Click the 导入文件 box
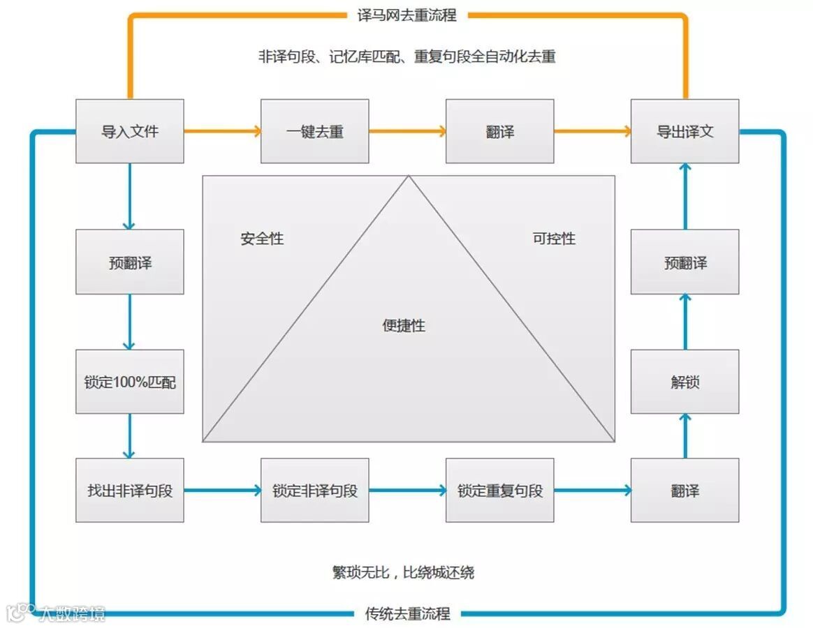pyautogui.click(x=130, y=131)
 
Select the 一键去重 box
pyautogui.click(x=315, y=131)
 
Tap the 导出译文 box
pyautogui.click(x=684, y=131)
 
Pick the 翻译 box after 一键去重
pyautogui.click(x=500, y=131)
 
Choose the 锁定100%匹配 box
pyautogui.click(x=130, y=382)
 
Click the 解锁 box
pyautogui.click(x=684, y=382)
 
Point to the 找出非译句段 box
pyautogui.click(x=130, y=491)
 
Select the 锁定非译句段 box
pyautogui.click(x=315, y=491)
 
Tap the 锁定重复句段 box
pyautogui.click(x=500, y=491)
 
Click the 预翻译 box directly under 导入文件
pyautogui.click(x=130, y=262)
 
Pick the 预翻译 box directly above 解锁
pyautogui.click(x=684, y=262)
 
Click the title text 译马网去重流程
pyautogui.click(x=406, y=15)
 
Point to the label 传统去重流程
pyautogui.click(x=408, y=614)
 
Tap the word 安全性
pyautogui.click(x=262, y=239)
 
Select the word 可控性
pyautogui.click(x=554, y=239)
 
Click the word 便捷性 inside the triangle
pyautogui.click(x=404, y=326)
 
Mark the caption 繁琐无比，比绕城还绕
pyautogui.click(x=404, y=573)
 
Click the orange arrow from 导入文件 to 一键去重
pyautogui.click(x=223, y=130)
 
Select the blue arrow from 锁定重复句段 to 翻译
pyautogui.click(x=592, y=491)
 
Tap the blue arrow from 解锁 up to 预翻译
pyautogui.click(x=685, y=322)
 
